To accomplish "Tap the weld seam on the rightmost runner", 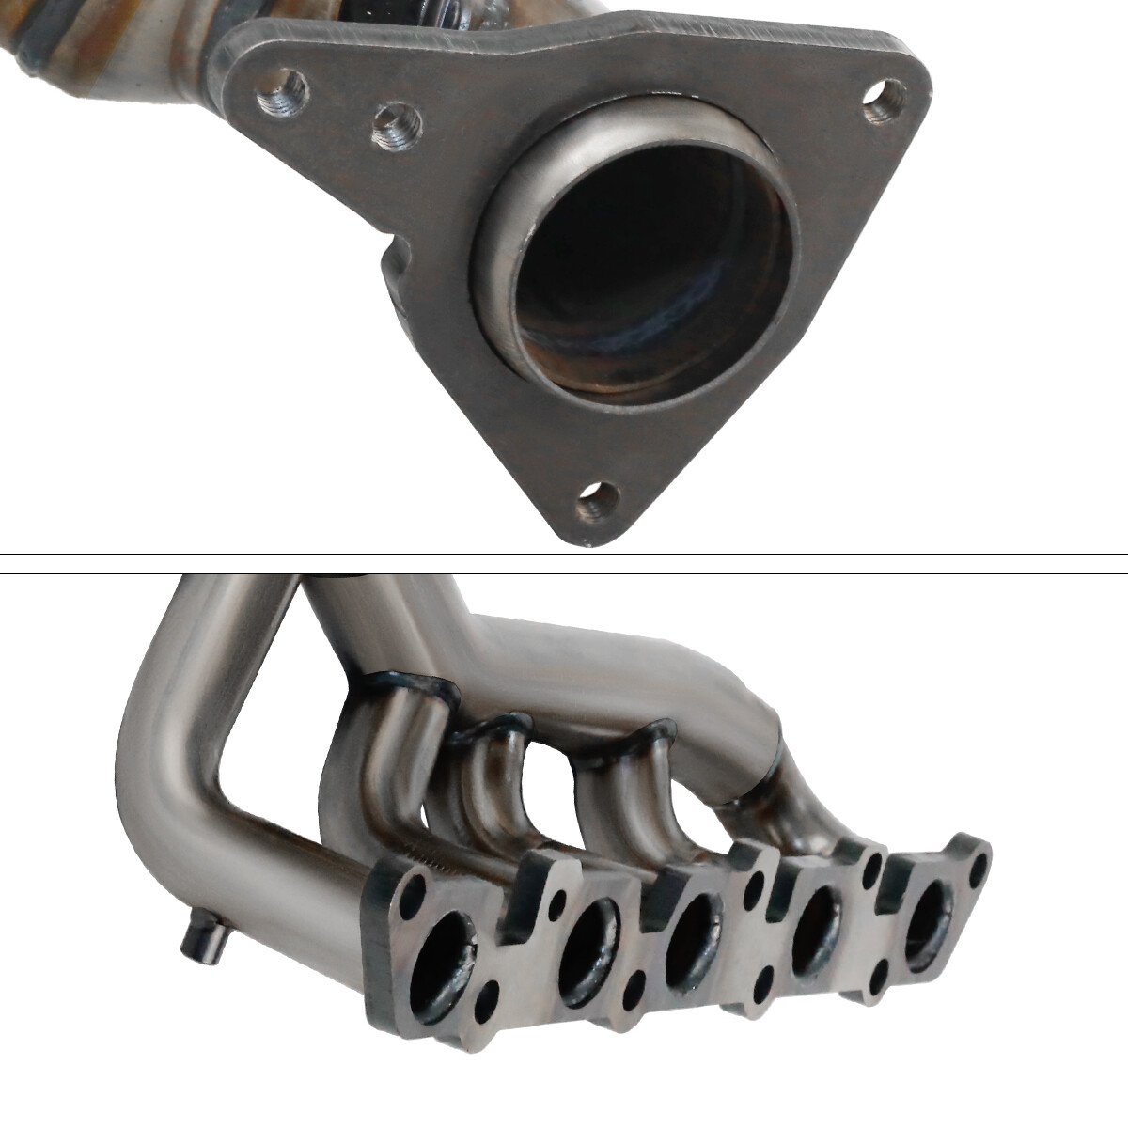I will click(x=752, y=799).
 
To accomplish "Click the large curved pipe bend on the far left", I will click(x=164, y=743).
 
